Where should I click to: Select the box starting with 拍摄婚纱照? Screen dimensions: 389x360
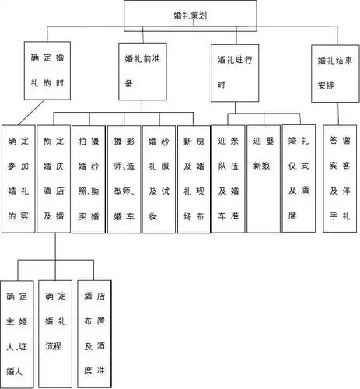89,180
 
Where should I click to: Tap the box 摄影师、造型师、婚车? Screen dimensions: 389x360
124,180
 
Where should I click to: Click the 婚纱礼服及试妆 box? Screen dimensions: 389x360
159,180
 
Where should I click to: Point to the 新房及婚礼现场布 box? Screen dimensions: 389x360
193,180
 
